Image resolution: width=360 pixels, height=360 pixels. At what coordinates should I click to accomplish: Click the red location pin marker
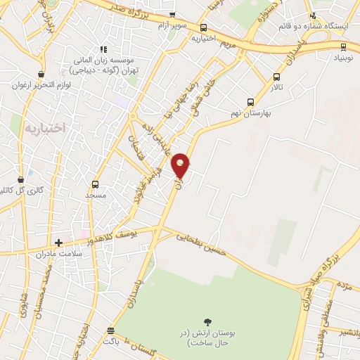181,165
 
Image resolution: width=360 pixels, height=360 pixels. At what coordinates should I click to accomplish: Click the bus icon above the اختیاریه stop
203,27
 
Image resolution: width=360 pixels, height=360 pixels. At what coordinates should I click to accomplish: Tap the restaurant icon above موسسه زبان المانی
102,49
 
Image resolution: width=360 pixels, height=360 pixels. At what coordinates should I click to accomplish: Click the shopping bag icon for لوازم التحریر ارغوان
43,74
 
